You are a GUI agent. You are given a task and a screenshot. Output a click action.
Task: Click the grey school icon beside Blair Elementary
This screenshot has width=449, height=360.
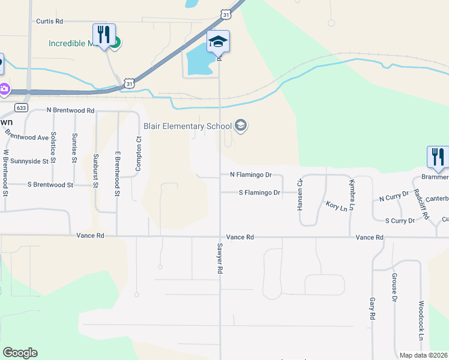tap(241, 125)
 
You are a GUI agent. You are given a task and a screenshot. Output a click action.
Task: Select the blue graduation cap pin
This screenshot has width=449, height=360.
tap(218, 41)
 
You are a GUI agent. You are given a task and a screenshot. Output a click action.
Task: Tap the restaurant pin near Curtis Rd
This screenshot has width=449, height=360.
tap(104, 34)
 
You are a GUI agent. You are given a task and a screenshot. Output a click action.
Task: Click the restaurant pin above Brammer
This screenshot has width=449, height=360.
tap(438, 157)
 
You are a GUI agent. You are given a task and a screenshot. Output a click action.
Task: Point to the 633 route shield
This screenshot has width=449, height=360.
tap(22, 108)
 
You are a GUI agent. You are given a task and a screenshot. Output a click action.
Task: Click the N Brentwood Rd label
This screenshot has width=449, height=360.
tap(71, 111)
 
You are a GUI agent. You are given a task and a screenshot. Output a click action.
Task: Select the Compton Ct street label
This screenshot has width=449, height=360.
tap(138, 154)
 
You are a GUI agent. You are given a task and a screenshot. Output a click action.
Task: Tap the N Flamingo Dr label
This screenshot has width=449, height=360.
tap(251, 175)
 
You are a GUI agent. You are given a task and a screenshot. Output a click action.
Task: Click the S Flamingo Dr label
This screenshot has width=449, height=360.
tap(259, 193)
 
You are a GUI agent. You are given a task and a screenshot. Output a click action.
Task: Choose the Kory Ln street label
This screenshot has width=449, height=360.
tap(337, 206)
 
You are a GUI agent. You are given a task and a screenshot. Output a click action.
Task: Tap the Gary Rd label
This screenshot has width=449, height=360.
tap(373, 308)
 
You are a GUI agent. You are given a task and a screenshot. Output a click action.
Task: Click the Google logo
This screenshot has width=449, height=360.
tap(20, 353)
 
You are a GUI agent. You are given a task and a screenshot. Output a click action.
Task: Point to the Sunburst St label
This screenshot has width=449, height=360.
tap(95, 170)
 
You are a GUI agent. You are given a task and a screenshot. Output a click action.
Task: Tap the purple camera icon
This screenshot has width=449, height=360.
tap(4, 89)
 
